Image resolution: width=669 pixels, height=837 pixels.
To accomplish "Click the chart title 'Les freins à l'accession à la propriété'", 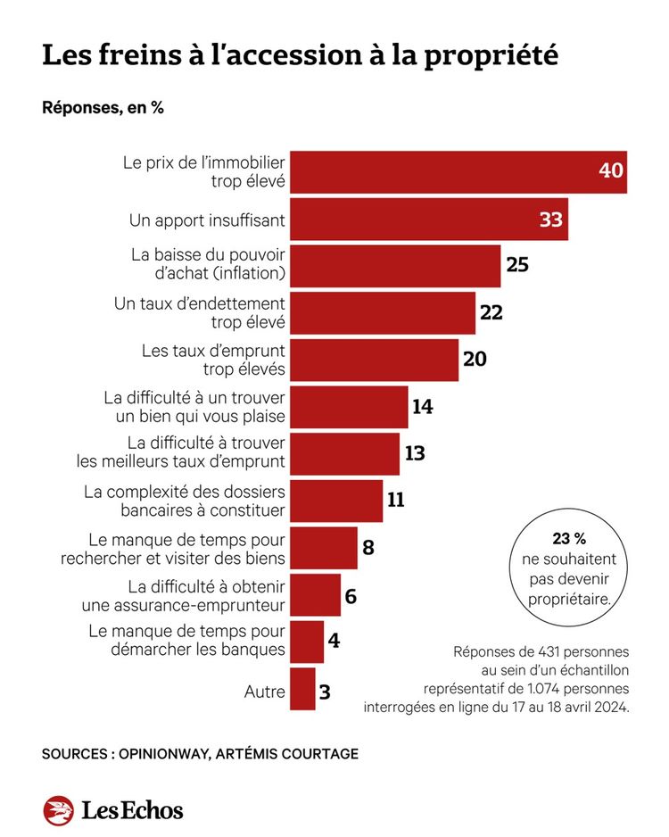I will click(x=300, y=54).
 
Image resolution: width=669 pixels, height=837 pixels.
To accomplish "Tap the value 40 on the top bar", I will click(x=610, y=170).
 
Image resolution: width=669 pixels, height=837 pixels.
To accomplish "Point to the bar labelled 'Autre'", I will click(x=303, y=690).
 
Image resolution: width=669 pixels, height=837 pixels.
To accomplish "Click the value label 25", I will click(x=517, y=266).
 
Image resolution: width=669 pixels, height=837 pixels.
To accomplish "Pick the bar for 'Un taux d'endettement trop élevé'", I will click(x=384, y=313).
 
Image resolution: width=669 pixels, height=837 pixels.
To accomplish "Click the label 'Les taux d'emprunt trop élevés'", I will click(x=213, y=360).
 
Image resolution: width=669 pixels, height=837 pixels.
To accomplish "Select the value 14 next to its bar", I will click(x=422, y=407).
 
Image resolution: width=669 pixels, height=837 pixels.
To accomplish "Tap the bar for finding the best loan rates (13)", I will click(x=345, y=453).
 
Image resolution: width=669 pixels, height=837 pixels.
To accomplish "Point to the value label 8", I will click(x=368, y=548).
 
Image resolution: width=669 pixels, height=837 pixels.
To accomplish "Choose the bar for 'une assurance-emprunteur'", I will click(x=316, y=595).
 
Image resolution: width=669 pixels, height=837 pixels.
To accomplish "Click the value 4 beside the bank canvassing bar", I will click(x=334, y=642).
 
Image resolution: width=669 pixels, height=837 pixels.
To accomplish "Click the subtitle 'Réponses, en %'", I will click(x=103, y=108).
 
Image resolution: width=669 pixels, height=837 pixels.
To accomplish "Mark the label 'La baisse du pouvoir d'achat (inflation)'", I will click(x=207, y=266).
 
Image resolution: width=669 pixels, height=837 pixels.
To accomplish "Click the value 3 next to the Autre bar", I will click(x=326, y=690).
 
